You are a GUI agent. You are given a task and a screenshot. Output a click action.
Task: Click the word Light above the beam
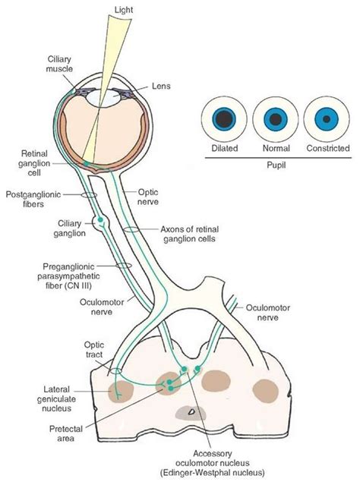124,10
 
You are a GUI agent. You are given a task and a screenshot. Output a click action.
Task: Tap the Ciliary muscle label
59,64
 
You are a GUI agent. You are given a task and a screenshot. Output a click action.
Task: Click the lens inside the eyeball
103,98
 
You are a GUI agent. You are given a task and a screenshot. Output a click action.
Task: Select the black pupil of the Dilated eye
224,119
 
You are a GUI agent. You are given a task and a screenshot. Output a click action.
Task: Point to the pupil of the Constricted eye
327,119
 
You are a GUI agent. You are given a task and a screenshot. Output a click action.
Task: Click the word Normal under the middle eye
276,149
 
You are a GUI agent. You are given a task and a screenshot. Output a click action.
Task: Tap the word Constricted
328,148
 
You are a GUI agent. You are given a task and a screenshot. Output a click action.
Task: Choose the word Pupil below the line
276,165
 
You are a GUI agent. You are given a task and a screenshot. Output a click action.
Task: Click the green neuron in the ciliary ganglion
100,220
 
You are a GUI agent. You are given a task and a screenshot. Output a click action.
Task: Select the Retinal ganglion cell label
34,163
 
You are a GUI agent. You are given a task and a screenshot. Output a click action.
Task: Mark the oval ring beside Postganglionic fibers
89,195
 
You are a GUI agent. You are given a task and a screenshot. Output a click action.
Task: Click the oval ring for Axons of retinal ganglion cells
131,229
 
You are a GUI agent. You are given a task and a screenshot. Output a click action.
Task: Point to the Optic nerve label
148,197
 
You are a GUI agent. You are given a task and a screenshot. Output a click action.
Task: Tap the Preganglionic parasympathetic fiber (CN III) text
68,276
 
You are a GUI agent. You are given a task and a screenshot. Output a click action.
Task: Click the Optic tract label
93,350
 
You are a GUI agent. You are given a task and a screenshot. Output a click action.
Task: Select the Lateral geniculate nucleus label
56,398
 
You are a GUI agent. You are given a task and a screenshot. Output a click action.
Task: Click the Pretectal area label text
66,433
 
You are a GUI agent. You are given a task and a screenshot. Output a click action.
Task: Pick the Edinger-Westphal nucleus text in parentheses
213,473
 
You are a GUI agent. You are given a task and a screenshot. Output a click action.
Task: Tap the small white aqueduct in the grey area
191,411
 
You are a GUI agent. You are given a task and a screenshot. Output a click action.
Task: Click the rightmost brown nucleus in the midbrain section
265,391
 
